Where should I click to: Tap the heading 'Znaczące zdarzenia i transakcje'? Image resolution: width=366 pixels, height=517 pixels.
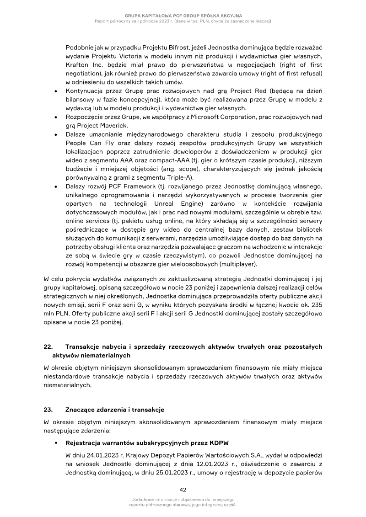(x=114, y=409)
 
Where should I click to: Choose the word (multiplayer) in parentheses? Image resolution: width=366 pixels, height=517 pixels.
(x=237, y=264)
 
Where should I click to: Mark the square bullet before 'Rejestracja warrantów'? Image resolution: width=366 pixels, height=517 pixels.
(x=55, y=443)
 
